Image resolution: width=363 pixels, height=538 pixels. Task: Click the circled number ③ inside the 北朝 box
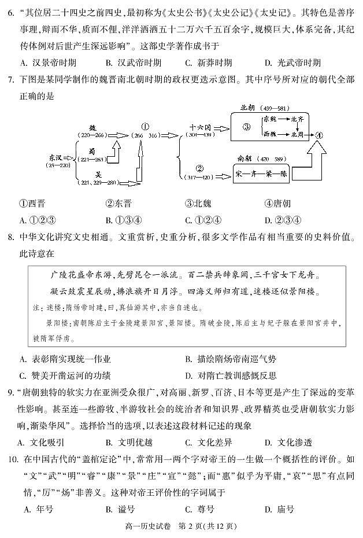click(x=246, y=128)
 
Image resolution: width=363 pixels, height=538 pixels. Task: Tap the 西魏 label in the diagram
click(x=269, y=134)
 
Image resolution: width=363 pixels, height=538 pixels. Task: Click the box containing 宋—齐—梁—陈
click(x=260, y=174)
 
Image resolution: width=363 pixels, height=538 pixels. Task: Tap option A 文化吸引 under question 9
click(x=40, y=443)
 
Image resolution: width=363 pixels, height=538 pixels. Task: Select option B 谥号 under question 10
click(x=120, y=510)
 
